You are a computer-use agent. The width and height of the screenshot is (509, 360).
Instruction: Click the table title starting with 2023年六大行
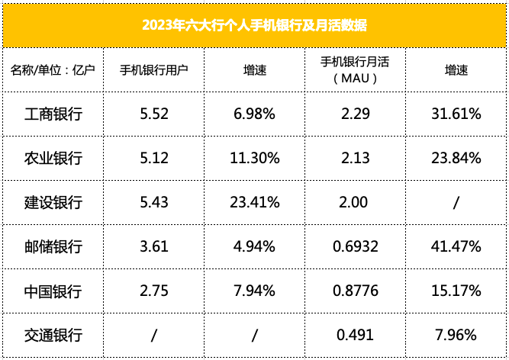click(x=254, y=25)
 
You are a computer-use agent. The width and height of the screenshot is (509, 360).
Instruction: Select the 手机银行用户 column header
click(x=153, y=70)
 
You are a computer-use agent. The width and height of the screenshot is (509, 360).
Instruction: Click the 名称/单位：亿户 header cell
click(x=52, y=70)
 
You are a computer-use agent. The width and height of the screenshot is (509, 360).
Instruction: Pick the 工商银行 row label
click(x=53, y=114)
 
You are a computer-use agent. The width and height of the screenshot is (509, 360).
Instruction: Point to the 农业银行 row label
click(x=53, y=159)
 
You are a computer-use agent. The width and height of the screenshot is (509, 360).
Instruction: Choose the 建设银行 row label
click(x=53, y=203)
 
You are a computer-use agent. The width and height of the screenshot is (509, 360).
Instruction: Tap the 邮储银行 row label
click(x=53, y=247)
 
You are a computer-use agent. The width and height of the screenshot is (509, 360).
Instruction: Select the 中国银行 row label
click(x=53, y=291)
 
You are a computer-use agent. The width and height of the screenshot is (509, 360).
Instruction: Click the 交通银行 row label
click(x=53, y=336)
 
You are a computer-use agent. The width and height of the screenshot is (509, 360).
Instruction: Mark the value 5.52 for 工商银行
click(x=153, y=114)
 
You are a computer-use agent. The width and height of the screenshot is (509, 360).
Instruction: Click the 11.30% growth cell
click(x=254, y=159)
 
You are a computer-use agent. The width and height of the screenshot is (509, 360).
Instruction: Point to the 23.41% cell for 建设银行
click(x=254, y=203)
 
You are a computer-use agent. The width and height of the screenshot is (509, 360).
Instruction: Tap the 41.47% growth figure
click(x=456, y=247)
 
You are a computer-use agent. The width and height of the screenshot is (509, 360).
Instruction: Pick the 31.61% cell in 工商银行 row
click(x=456, y=114)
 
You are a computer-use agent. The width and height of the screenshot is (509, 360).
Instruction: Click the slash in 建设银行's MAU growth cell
click(x=456, y=203)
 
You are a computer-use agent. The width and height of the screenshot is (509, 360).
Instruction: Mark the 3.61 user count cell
click(x=153, y=247)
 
